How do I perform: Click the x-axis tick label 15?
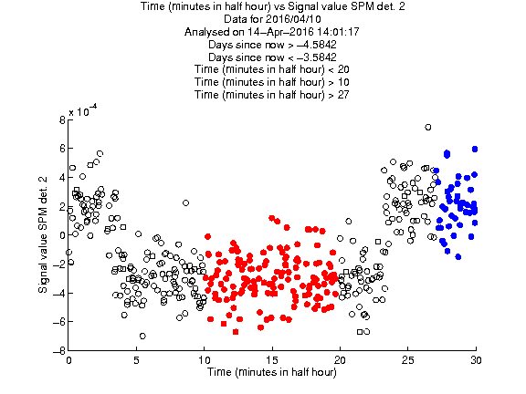tap(272, 360)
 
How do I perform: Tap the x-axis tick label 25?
tap(408, 360)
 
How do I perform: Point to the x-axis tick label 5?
tap(136, 360)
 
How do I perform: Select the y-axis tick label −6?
tap(59, 322)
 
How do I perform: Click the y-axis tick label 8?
tap(62, 119)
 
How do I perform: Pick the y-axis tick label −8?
tap(59, 351)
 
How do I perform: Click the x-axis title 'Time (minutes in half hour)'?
tap(272, 372)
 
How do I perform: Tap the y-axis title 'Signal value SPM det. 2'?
tap(43, 234)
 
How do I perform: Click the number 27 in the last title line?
tap(343, 95)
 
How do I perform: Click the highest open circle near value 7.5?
tap(427, 128)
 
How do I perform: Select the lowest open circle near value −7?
tap(142, 336)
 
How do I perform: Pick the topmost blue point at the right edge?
tap(475, 149)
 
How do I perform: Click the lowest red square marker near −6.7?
tap(236, 332)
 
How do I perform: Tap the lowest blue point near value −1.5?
tap(458, 257)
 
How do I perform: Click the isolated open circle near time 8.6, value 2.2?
tap(185, 202)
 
